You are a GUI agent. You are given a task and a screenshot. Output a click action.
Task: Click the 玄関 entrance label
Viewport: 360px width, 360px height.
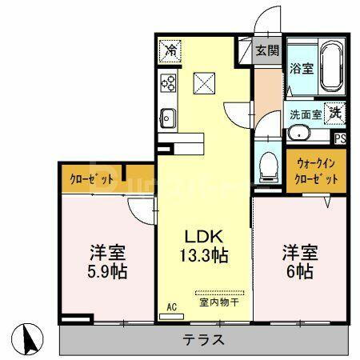[267, 50]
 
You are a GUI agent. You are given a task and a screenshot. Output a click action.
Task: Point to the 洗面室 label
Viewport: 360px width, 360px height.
[306, 114]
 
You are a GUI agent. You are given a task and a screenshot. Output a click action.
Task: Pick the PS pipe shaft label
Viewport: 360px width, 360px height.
[341, 138]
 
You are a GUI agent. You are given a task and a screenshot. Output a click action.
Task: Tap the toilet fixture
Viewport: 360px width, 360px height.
[270, 165]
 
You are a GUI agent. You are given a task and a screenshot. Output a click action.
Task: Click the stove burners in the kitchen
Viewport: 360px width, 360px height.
[168, 82]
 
